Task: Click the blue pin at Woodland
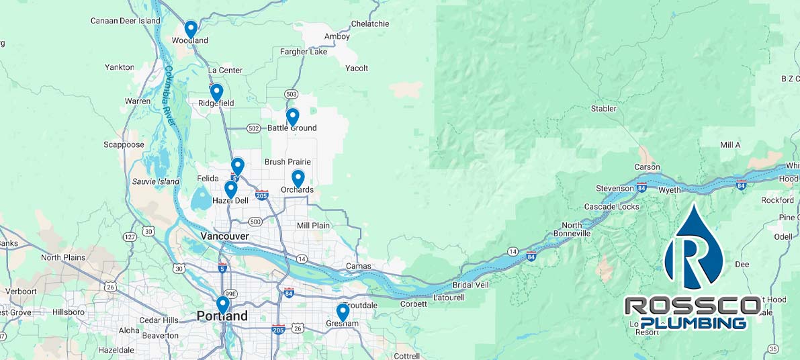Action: point(191,29)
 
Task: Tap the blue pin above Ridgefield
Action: point(216,92)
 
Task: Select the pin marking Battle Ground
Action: point(292,117)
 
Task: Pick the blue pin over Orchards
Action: point(298,178)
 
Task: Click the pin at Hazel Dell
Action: point(230,189)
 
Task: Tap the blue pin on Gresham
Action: point(343,312)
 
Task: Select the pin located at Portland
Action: point(222,305)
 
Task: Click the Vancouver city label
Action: point(224,236)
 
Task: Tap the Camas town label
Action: point(358,266)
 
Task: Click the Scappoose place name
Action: point(124,144)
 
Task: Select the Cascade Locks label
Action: point(611,207)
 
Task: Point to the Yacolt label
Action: point(357,69)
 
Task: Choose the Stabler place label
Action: point(603,109)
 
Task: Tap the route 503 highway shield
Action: point(291,94)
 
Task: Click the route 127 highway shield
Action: point(130,236)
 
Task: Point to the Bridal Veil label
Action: point(471,285)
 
